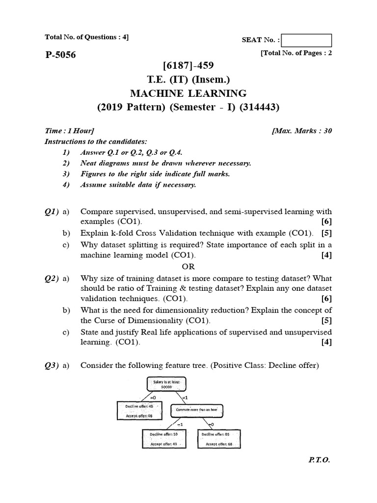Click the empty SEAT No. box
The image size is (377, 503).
pyautogui.click(x=307, y=40)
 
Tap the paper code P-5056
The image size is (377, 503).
pyautogui.click(x=60, y=55)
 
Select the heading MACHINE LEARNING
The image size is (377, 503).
pyautogui.click(x=188, y=93)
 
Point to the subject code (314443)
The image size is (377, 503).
pyautogui.click(x=262, y=108)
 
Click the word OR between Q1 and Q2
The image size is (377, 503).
pyautogui.click(x=188, y=267)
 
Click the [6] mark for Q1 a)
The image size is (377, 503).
pyautogui.click(x=326, y=223)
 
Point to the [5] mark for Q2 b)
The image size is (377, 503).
pyautogui.click(x=326, y=321)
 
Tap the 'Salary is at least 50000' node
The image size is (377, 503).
pyautogui.click(x=164, y=385)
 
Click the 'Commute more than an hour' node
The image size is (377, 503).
pyautogui.click(x=197, y=410)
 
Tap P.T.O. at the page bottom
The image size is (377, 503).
pyautogui.click(x=319, y=461)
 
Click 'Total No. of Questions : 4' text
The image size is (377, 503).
pyautogui.click(x=86, y=37)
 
